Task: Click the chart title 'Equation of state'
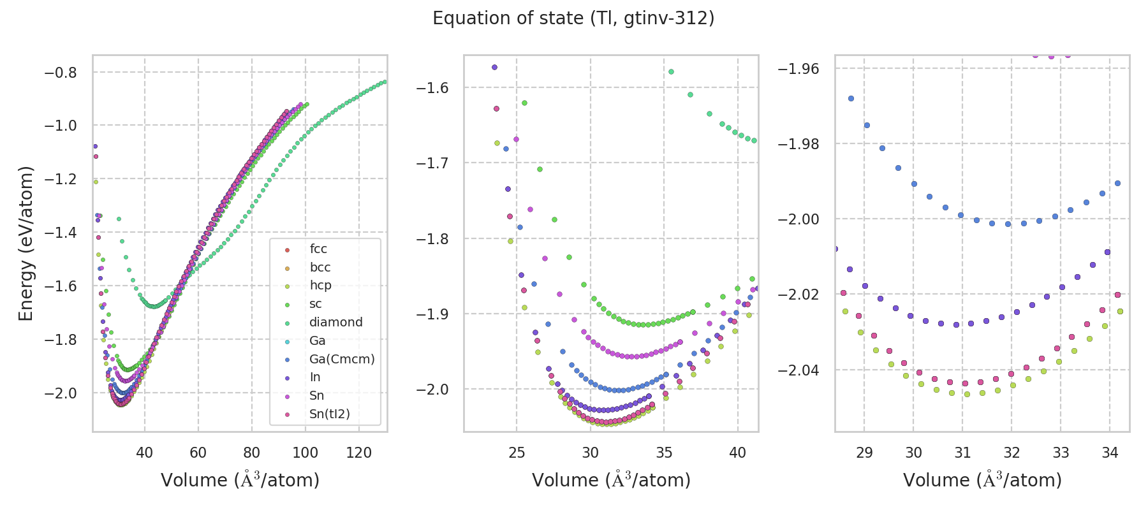tap(573, 18)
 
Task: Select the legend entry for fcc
tap(318, 249)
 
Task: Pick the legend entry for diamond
tap(335, 323)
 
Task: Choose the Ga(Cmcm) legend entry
tap(342, 360)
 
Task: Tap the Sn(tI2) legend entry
tap(330, 414)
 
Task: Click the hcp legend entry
tap(320, 286)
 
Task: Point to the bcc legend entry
tap(320, 268)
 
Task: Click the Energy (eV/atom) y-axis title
tap(26, 244)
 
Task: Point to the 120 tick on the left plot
tap(358, 453)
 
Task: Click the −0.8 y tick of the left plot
tap(61, 73)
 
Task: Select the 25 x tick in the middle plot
tap(517, 453)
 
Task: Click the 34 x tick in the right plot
tap(1110, 453)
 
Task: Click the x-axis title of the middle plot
tap(611, 480)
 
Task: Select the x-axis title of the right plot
tap(982, 480)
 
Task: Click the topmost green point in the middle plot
tap(671, 72)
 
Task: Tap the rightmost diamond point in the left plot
tap(385, 82)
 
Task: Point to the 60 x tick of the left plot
tap(198, 453)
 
